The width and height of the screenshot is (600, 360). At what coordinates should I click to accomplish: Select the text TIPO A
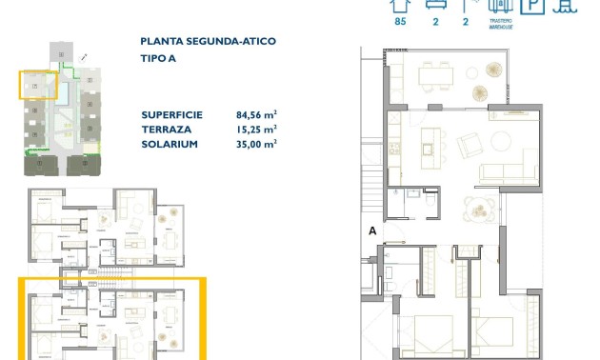[158, 58]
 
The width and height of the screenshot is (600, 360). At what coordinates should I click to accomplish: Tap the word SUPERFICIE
[170, 113]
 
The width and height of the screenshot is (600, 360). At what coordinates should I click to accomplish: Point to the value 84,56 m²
[256, 113]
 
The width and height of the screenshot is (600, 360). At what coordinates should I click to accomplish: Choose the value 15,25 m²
[256, 129]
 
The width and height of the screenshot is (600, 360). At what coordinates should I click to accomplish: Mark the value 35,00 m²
[256, 144]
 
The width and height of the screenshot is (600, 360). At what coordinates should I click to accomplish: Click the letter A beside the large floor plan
[372, 230]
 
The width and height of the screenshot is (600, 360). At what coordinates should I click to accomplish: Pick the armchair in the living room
[470, 146]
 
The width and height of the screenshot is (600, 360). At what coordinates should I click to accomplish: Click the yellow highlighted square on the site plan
[38, 85]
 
